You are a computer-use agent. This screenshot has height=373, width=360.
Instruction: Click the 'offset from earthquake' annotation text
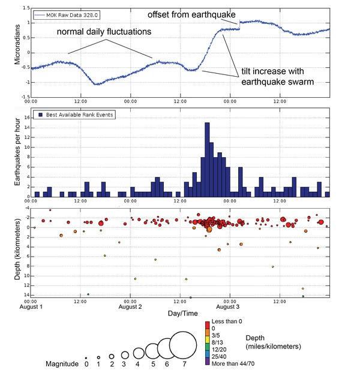coord(191,15)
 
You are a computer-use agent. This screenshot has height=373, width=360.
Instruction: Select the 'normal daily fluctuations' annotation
coord(104,32)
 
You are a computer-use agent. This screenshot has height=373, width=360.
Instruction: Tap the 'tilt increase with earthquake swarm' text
coord(277,76)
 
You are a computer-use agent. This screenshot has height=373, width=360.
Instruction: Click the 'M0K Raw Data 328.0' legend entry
coord(67,15)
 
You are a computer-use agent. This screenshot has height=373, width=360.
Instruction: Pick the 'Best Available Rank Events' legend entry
coord(74,115)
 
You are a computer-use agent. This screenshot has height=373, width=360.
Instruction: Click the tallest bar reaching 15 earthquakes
coord(207,160)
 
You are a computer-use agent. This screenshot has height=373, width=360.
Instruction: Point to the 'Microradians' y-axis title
coord(17,44)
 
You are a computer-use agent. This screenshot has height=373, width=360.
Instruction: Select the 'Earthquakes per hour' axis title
coord(17,152)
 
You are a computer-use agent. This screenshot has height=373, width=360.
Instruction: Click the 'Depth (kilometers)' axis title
coord(17,249)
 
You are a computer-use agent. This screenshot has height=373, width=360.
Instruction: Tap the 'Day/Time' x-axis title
coord(183,313)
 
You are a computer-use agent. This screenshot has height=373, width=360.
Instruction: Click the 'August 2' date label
coord(130,307)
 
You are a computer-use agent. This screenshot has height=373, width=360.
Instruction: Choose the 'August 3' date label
coord(228,307)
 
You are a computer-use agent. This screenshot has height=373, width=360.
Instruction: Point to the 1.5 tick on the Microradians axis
coord(26,8)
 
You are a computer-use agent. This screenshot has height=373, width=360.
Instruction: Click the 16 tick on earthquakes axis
coord(27,118)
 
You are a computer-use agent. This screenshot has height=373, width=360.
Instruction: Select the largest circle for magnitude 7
coord(183,345)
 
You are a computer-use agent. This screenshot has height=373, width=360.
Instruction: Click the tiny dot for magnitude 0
coord(86,358)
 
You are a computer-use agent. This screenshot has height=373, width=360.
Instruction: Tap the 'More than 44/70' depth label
coord(233,364)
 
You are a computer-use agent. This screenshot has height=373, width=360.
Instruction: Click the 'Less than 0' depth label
coord(227,321)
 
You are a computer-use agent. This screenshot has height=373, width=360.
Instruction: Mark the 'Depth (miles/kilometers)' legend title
coord(273,342)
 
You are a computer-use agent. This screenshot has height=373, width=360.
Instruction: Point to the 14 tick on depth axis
coord(26,295)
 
